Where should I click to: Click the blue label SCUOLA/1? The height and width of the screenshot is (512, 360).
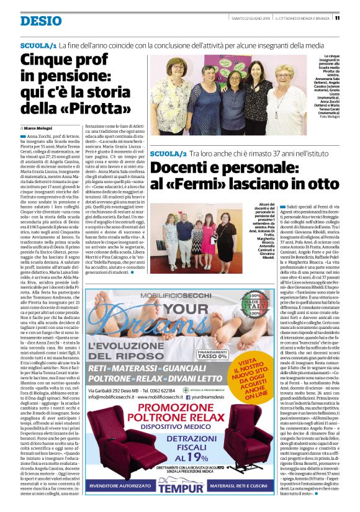pyautogui.click(x=38, y=47)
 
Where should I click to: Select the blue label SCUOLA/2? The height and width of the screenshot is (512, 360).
pyautogui.click(x=168, y=153)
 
